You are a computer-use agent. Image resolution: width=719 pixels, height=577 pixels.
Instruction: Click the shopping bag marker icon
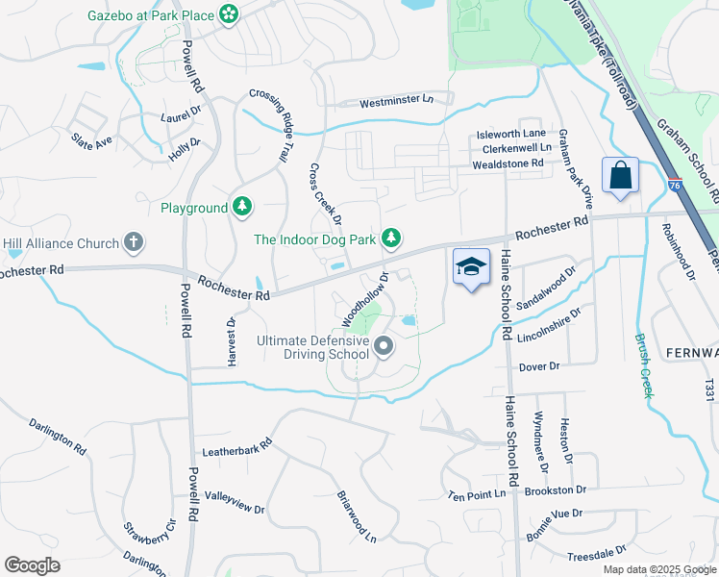[x=620, y=176]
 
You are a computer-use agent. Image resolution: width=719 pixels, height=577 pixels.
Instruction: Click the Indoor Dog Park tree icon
[x=390, y=238]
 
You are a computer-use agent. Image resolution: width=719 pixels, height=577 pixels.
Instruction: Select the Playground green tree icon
[x=242, y=207]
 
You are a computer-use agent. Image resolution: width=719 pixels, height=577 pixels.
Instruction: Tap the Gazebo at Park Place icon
[x=229, y=13]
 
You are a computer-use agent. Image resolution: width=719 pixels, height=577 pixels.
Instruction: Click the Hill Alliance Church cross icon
[x=134, y=243]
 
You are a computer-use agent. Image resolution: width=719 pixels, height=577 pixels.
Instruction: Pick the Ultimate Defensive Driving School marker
[x=384, y=346]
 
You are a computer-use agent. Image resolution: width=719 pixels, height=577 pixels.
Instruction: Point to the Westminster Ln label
[x=396, y=101]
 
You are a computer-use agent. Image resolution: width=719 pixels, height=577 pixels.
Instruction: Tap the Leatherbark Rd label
[x=237, y=448]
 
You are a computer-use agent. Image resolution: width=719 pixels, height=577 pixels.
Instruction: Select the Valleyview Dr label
[x=235, y=501]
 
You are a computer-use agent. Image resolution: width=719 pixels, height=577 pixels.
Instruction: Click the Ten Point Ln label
[x=477, y=494]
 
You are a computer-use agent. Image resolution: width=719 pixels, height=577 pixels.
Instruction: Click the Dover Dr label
[x=539, y=366]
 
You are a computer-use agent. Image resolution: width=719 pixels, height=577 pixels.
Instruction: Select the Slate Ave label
[x=92, y=139]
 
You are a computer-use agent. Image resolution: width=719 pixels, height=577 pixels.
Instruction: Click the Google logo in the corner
[x=32, y=565]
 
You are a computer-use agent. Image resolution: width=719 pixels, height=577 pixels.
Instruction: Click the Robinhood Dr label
[x=677, y=252]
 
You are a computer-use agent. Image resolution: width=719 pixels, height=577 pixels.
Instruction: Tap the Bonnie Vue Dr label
[x=550, y=514]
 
